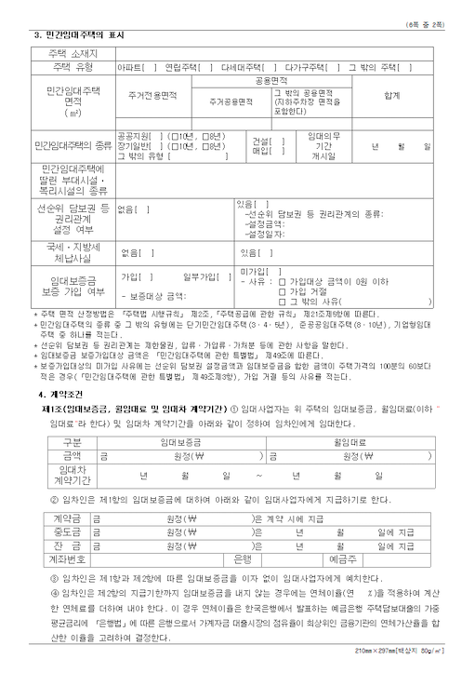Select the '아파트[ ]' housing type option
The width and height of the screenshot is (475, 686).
point(135,67)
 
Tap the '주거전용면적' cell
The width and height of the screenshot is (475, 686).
point(153,95)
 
